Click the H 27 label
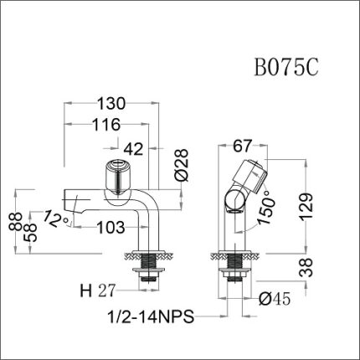click(97, 291)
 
